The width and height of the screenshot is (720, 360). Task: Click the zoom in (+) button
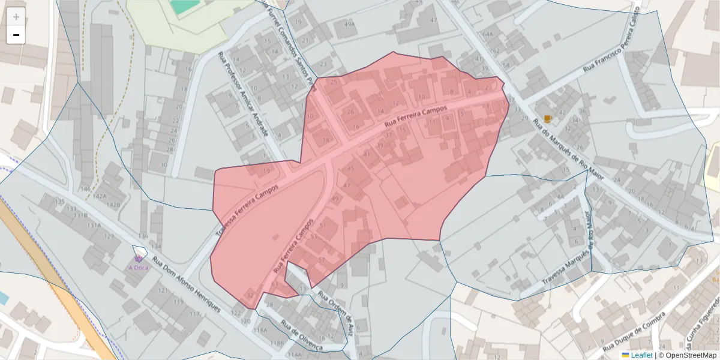point(16,17)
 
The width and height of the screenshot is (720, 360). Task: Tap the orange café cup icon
point(547,118)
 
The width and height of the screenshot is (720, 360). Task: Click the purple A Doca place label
point(138,268)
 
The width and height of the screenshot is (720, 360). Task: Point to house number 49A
point(349,24)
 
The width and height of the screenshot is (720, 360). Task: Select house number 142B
point(113,205)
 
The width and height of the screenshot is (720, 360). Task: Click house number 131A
point(94,226)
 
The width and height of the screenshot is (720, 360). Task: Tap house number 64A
point(487,34)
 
